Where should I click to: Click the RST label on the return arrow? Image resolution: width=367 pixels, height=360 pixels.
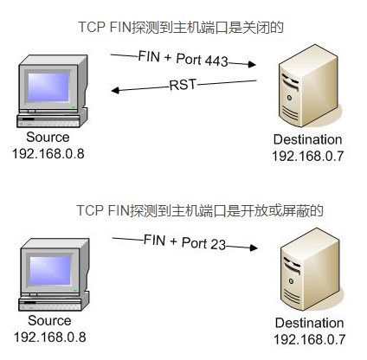pos(183,85)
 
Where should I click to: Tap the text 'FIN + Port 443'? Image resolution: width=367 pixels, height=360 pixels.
pos(183,59)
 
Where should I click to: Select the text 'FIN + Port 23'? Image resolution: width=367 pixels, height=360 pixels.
pos(184,242)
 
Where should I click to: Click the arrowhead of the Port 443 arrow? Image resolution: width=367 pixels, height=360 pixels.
pos(252,64)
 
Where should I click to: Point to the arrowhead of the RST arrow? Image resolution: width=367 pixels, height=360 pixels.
pos(115,90)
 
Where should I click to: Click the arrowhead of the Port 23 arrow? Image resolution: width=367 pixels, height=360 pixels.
pos(254,247)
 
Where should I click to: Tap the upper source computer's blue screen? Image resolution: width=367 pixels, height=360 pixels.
pos(48,87)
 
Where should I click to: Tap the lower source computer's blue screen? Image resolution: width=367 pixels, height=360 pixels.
pos(50,270)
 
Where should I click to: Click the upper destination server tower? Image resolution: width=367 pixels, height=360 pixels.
pos(309,86)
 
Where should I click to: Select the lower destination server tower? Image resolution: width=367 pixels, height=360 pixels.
pos(311,269)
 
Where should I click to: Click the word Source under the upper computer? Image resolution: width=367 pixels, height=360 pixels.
pos(48,137)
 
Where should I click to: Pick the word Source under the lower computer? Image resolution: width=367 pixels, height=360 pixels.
pos(49,320)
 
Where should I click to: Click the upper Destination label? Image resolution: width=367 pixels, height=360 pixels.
pos(307,139)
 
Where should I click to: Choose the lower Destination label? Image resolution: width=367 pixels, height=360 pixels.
pos(309,323)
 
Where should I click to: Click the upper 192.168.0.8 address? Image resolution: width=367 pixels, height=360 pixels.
pos(48,153)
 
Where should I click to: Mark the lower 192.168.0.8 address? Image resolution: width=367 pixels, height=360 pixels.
pos(50,337)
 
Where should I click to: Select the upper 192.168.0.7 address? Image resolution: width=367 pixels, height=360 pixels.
pos(308,156)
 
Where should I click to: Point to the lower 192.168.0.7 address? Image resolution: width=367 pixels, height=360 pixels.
pos(310,339)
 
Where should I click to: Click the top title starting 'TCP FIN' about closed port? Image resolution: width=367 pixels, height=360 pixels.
pos(181,28)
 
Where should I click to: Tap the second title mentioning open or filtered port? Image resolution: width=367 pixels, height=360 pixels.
pos(200,210)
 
